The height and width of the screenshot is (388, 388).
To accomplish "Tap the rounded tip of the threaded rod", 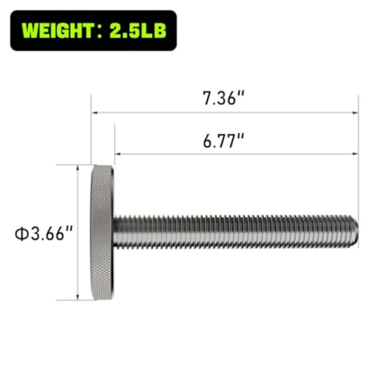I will (x=355, y=232).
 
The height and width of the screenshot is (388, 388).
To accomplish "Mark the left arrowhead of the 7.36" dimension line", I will (x=94, y=113).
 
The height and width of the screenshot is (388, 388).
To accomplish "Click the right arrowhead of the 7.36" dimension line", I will (x=356, y=113).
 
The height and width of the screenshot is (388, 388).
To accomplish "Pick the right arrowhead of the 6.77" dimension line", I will (x=356, y=153).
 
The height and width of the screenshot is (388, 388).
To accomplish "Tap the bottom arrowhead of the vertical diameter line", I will (x=78, y=297).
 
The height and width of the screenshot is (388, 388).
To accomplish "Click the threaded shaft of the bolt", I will (x=233, y=232).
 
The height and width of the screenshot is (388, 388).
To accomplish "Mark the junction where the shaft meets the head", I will (x=114, y=232).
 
